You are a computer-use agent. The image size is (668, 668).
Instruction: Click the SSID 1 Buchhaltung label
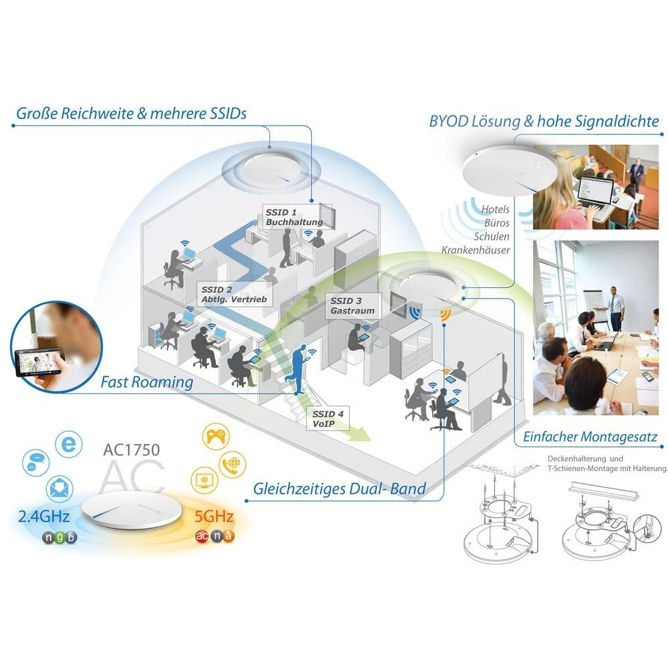[x=294, y=216]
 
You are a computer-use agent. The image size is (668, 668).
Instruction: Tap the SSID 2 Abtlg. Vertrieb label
[x=234, y=295]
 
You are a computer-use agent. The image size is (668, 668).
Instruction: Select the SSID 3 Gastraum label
[x=352, y=305]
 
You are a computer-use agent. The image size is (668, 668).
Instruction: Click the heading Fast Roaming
[x=147, y=382]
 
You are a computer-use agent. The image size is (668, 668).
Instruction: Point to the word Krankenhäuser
[x=475, y=250]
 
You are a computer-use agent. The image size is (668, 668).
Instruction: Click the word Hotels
[x=495, y=210]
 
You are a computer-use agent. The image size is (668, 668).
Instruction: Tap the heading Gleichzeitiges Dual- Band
[x=339, y=488]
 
